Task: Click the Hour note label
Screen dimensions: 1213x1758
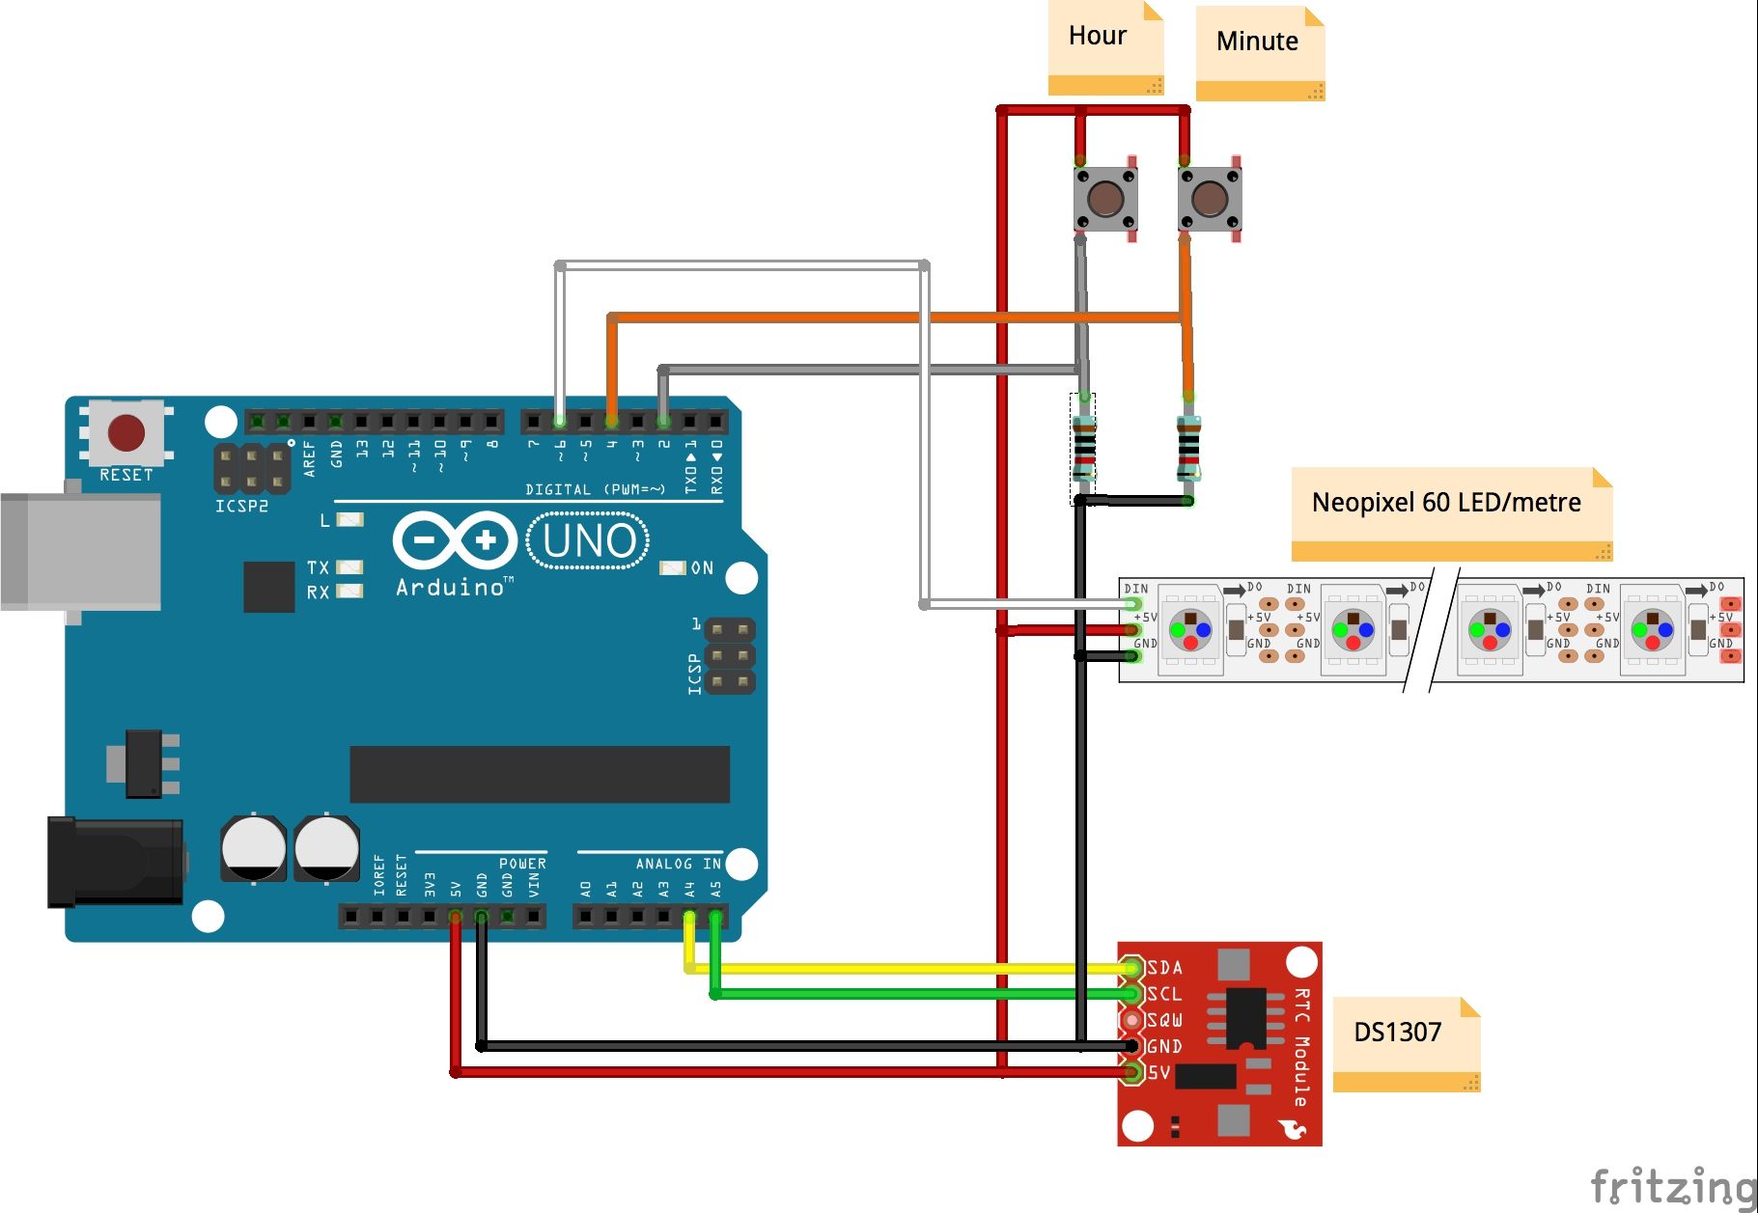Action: click(1099, 37)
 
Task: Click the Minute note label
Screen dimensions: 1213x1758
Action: click(1257, 41)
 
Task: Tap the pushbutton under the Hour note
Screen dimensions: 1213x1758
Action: click(1105, 199)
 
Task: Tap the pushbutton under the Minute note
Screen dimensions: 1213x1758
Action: click(1209, 199)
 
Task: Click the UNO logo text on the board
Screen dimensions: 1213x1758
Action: click(588, 541)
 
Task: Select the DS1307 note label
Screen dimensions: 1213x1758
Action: click(1398, 1033)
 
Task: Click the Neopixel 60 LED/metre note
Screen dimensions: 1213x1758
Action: click(1446, 503)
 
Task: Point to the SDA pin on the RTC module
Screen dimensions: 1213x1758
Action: click(1132, 968)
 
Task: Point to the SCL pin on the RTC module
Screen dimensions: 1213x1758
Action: click(1132, 994)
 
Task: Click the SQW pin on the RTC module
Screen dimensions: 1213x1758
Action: click(1132, 1020)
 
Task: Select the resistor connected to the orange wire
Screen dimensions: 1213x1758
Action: click(1188, 447)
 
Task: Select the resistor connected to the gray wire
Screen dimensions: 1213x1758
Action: click(1084, 447)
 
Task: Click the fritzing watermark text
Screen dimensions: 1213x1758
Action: click(1671, 1185)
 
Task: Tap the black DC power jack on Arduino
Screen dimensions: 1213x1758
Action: click(116, 861)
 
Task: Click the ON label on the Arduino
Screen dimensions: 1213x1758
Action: click(702, 568)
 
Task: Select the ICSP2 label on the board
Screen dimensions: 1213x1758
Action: click(241, 506)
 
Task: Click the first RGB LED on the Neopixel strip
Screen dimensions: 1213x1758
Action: click(1190, 629)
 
